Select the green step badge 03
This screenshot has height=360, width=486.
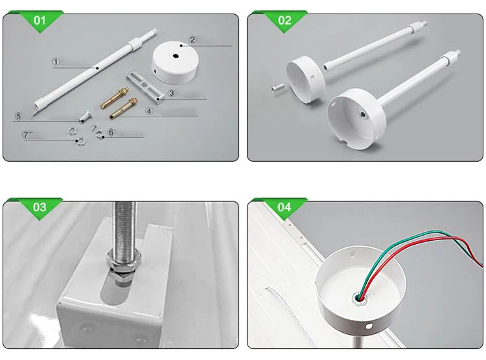(x=40, y=207)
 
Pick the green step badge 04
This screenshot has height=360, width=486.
(x=284, y=207)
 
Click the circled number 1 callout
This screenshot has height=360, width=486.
(x=56, y=62)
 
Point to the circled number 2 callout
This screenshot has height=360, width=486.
(x=192, y=40)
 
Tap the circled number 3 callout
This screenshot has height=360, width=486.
(x=170, y=93)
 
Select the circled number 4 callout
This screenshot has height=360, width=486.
(x=148, y=111)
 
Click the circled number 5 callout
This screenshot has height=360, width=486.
(x=19, y=116)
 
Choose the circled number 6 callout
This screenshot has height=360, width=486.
(x=111, y=132)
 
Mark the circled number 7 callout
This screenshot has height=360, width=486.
(x=26, y=135)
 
